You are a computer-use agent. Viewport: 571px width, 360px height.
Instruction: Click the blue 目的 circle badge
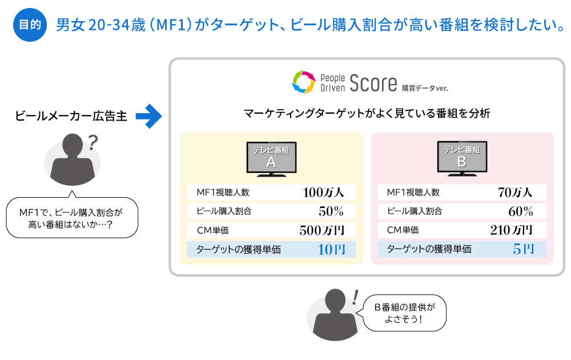(30, 25)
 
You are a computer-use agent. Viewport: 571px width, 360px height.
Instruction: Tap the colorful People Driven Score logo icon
(303, 82)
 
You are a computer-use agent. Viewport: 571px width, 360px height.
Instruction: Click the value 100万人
(323, 192)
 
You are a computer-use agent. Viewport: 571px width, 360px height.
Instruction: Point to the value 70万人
(514, 192)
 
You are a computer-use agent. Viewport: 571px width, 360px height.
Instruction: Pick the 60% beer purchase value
(520, 211)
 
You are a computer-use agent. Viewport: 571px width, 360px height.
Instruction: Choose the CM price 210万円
(511, 230)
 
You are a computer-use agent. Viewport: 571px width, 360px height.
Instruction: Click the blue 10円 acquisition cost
(331, 249)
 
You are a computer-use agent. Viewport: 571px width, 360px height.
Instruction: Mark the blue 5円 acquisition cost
(523, 249)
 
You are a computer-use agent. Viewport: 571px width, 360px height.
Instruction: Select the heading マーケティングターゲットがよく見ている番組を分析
(367, 114)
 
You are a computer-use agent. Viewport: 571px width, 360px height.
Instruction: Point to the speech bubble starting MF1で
(71, 218)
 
